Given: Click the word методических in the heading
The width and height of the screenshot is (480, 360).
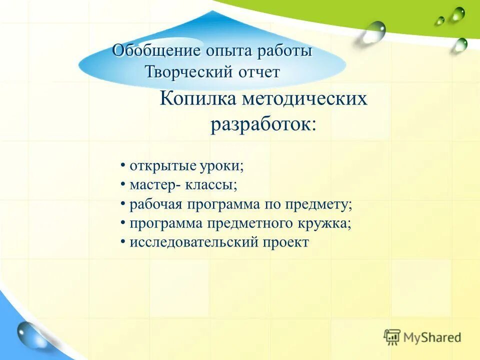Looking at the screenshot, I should click(x=304, y=98).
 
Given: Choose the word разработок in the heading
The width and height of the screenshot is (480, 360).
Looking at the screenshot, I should click(x=260, y=124).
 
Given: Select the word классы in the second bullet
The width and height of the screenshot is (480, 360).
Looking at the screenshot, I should click(x=212, y=185).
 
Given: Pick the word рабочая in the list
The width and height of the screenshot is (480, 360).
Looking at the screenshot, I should click(x=156, y=204).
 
